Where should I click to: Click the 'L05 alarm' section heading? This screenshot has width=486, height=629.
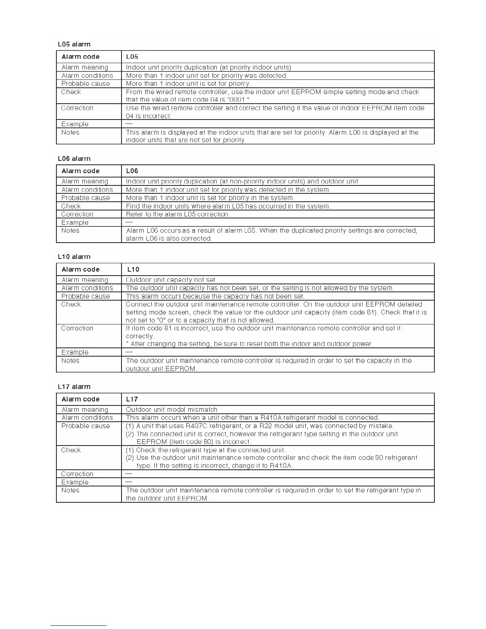point(74,44)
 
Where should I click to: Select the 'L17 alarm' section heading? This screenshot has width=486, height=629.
point(74,387)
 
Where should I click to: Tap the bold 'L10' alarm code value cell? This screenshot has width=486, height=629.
point(133,269)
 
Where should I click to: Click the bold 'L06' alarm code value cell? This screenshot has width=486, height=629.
point(132,171)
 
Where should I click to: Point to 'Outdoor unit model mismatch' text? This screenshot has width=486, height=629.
point(172,409)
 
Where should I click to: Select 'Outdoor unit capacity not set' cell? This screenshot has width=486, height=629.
point(171,280)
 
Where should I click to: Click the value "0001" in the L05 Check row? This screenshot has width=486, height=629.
point(237,100)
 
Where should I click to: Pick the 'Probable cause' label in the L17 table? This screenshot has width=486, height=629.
point(85,426)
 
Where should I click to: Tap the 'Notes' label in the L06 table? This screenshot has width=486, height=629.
point(70,231)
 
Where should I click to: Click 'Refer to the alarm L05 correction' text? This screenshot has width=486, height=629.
point(178,214)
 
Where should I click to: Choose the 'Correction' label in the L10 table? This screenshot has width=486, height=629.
point(77,328)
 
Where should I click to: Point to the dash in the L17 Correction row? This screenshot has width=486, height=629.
point(129,474)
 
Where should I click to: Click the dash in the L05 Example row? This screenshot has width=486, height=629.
point(129,124)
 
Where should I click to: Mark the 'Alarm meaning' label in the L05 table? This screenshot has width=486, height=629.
point(85,68)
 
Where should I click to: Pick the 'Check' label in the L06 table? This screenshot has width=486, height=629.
point(71,206)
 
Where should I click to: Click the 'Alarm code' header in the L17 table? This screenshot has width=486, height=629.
point(81,399)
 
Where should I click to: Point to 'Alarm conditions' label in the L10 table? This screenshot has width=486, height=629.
point(87,288)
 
